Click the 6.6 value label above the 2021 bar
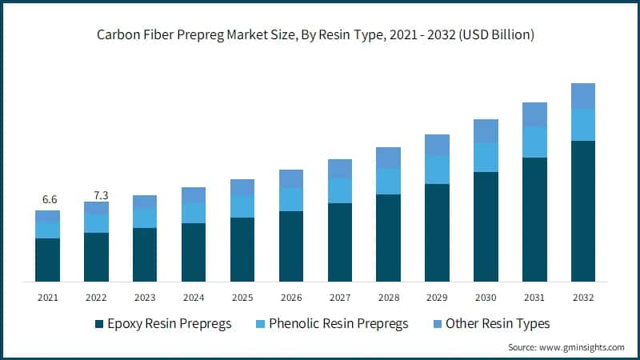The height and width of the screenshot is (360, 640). click(48, 199)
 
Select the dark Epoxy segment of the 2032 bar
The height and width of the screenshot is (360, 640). click(583, 211)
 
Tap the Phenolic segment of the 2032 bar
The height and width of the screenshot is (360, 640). click(583, 125)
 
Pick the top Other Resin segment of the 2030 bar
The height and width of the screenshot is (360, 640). click(486, 131)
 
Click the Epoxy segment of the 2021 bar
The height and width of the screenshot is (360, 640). click(48, 260)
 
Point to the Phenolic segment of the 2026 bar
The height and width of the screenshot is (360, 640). click(291, 200)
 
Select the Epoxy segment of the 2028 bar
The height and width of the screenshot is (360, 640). click(389, 238)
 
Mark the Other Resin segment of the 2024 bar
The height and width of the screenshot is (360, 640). click(194, 195)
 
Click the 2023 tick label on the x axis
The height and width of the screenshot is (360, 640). click(145, 298)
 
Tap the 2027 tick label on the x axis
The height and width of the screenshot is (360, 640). click(340, 298)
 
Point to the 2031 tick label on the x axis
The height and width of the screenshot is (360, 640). click(534, 298)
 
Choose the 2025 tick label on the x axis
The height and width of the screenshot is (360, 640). click(242, 298)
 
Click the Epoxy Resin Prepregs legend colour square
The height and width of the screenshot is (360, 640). click(99, 324)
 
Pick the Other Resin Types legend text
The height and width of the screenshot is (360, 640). click(498, 324)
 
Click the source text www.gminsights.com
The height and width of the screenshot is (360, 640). click(582, 347)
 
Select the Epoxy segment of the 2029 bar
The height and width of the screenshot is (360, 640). click(437, 233)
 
